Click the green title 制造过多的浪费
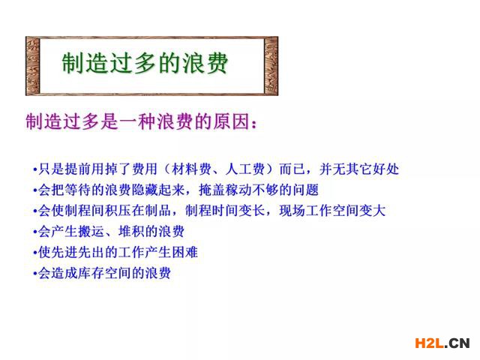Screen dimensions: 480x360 tap(145, 63)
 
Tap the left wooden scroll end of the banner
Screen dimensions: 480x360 tap(33, 66)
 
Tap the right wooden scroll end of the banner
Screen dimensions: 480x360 tap(271, 66)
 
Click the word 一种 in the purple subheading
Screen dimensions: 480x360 tap(138, 121)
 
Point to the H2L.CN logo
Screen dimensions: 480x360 tap(442, 343)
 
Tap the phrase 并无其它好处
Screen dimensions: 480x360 tap(359, 169)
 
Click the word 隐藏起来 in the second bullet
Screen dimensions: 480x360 tap(158, 190)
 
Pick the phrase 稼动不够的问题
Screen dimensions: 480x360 tap(272, 190)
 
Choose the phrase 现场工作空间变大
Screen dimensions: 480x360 tap(332, 211)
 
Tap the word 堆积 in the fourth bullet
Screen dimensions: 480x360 tap(131, 232)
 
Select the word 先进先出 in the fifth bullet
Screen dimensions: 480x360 tap(77, 252)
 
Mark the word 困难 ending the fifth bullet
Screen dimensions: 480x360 tap(184, 252)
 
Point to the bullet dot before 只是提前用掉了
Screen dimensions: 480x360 tap(35, 169)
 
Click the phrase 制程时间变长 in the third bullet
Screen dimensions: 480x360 tap(225, 211)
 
